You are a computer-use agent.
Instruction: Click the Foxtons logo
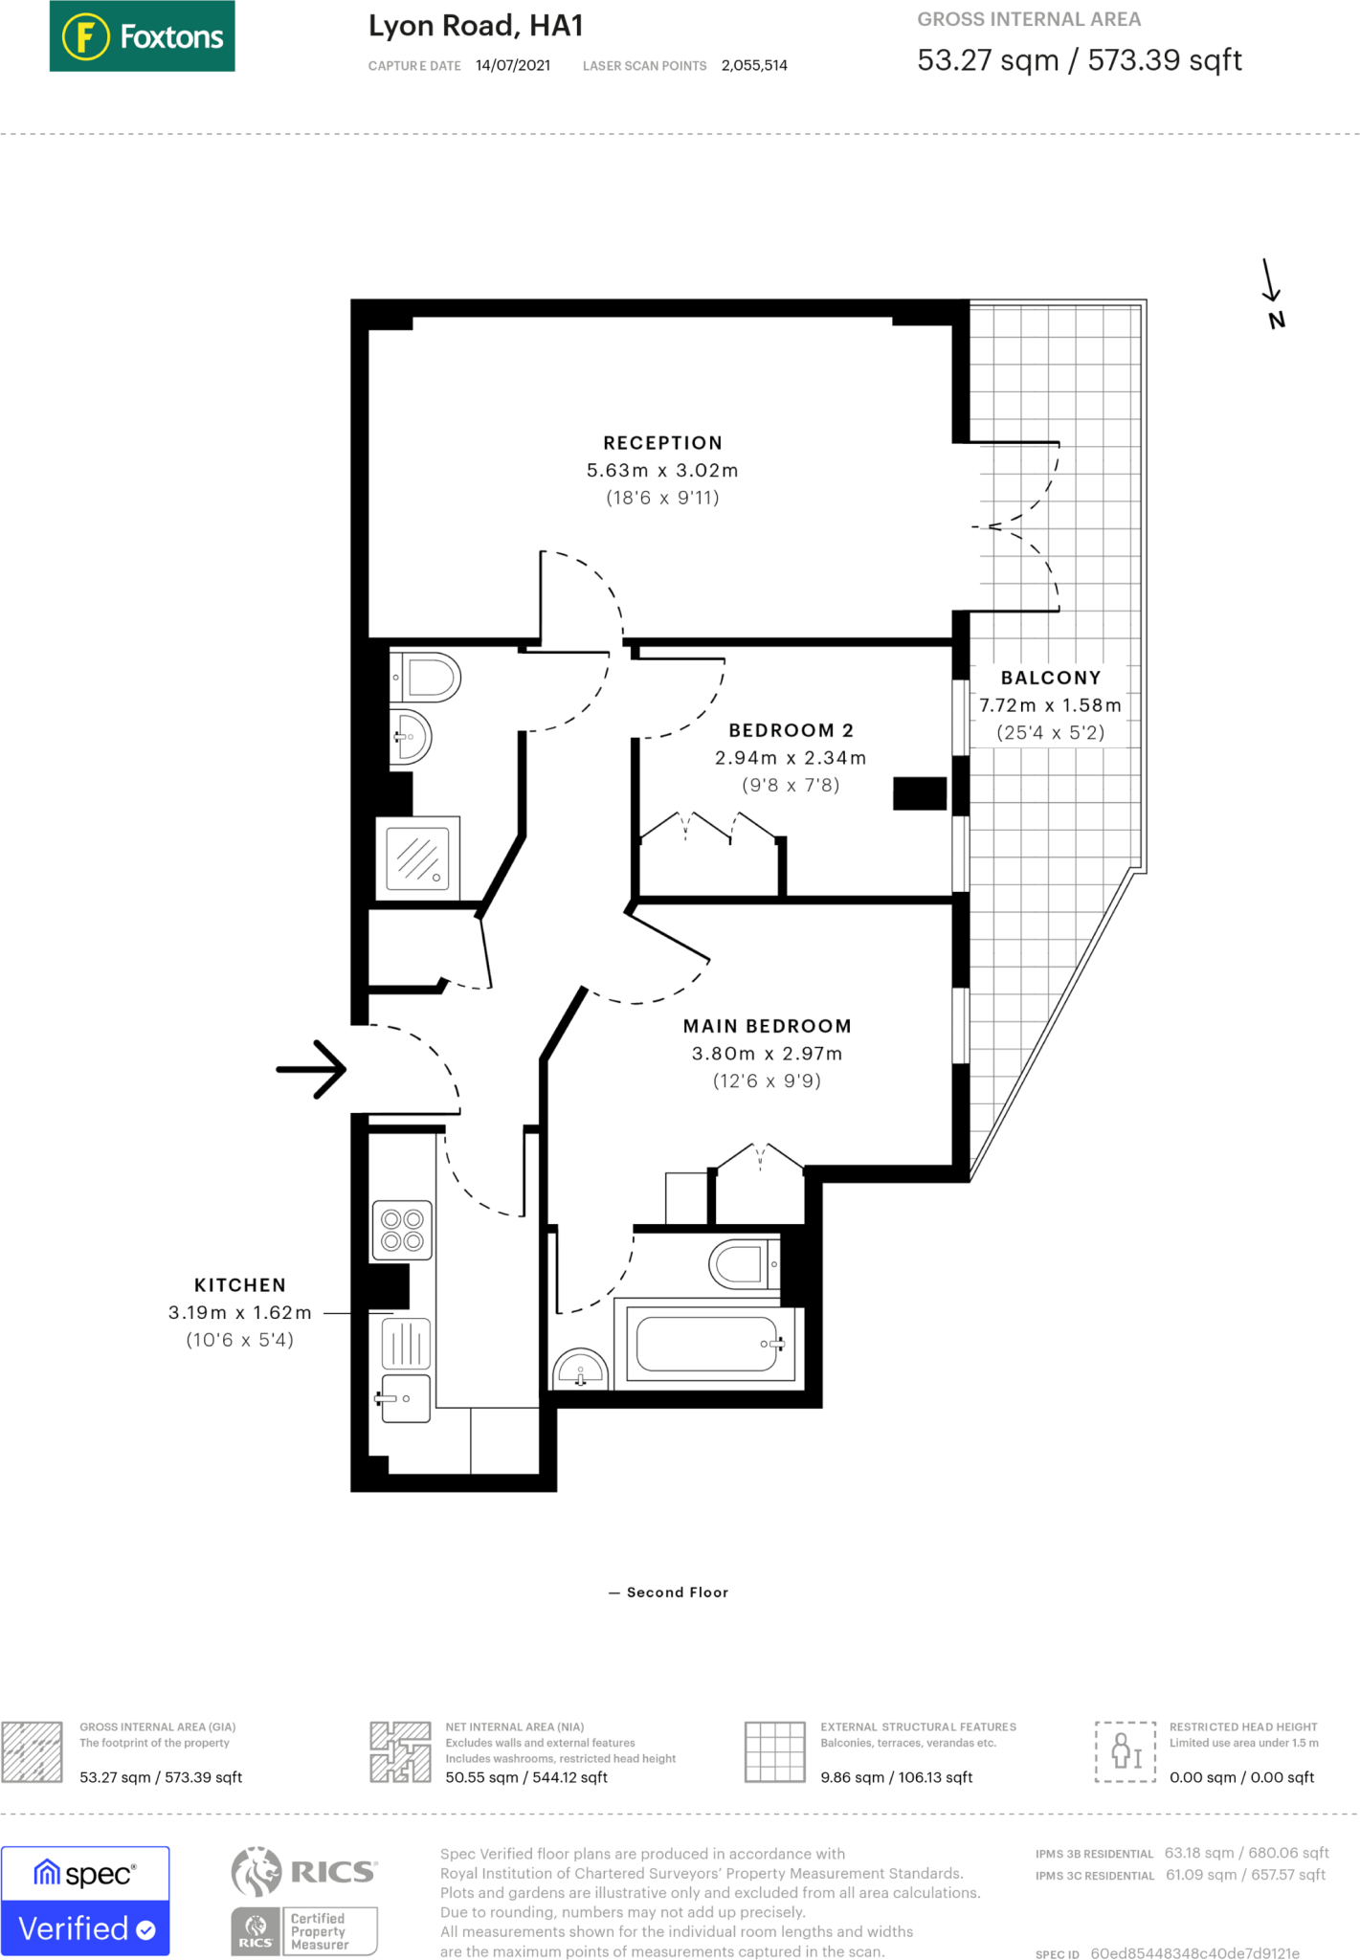(x=142, y=36)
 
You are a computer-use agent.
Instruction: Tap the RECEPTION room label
(x=662, y=443)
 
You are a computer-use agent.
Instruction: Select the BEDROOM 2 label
(x=791, y=730)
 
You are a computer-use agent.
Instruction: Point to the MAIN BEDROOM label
(x=767, y=1026)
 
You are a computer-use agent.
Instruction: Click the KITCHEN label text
(x=240, y=1285)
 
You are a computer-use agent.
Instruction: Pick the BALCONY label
(x=1051, y=678)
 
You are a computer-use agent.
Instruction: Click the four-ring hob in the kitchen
(x=402, y=1230)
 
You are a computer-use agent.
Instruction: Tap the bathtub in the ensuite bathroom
(x=709, y=1344)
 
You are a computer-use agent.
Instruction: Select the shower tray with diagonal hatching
(x=418, y=857)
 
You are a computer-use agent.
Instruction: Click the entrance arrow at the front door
(x=311, y=1069)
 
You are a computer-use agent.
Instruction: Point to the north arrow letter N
(x=1276, y=321)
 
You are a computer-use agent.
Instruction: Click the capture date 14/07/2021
(x=513, y=65)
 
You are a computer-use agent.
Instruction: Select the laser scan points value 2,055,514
(x=754, y=65)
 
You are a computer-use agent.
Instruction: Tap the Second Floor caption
(x=678, y=1592)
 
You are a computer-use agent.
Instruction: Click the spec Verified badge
(x=85, y=1901)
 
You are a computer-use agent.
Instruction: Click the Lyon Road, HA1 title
(x=476, y=26)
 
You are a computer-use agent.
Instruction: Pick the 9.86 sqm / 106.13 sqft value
(x=896, y=1777)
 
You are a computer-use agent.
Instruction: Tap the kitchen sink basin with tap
(x=405, y=1398)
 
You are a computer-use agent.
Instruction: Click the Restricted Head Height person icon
(x=1126, y=1751)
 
